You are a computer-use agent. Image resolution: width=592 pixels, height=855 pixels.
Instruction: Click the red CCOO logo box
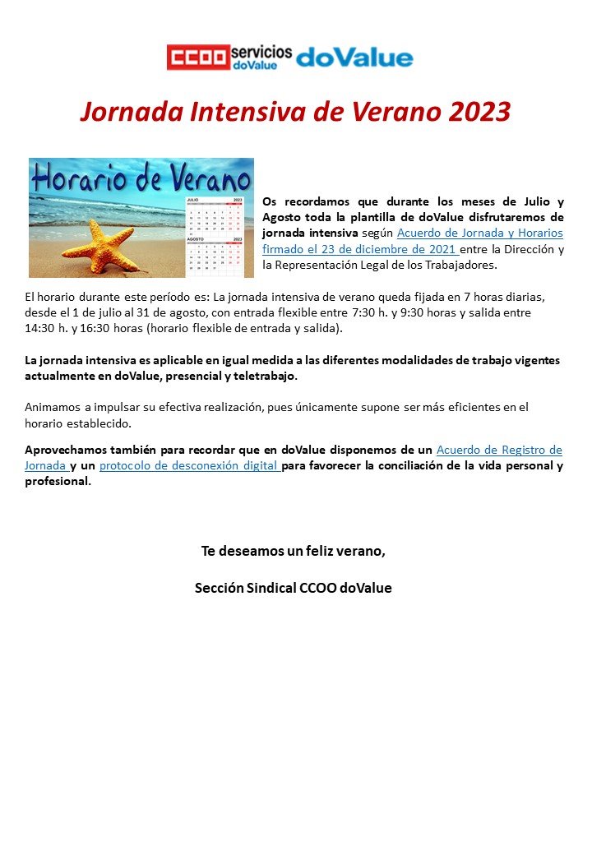click(x=197, y=57)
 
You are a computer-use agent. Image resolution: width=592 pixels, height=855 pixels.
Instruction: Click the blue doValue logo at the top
click(x=354, y=57)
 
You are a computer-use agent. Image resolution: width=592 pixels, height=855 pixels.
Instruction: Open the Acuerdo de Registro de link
click(x=499, y=450)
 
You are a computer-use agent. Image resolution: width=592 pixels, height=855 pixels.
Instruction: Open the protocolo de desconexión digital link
click(x=190, y=466)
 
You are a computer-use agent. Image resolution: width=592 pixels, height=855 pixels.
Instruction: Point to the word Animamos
click(x=52, y=406)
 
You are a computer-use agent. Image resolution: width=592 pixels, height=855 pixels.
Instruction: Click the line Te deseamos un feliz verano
click(x=294, y=551)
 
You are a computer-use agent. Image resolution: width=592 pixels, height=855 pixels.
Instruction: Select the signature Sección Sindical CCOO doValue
click(x=294, y=588)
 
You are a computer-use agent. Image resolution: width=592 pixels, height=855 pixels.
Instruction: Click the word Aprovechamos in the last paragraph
click(x=67, y=450)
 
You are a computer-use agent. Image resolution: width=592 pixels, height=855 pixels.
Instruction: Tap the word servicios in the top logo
click(x=261, y=51)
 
